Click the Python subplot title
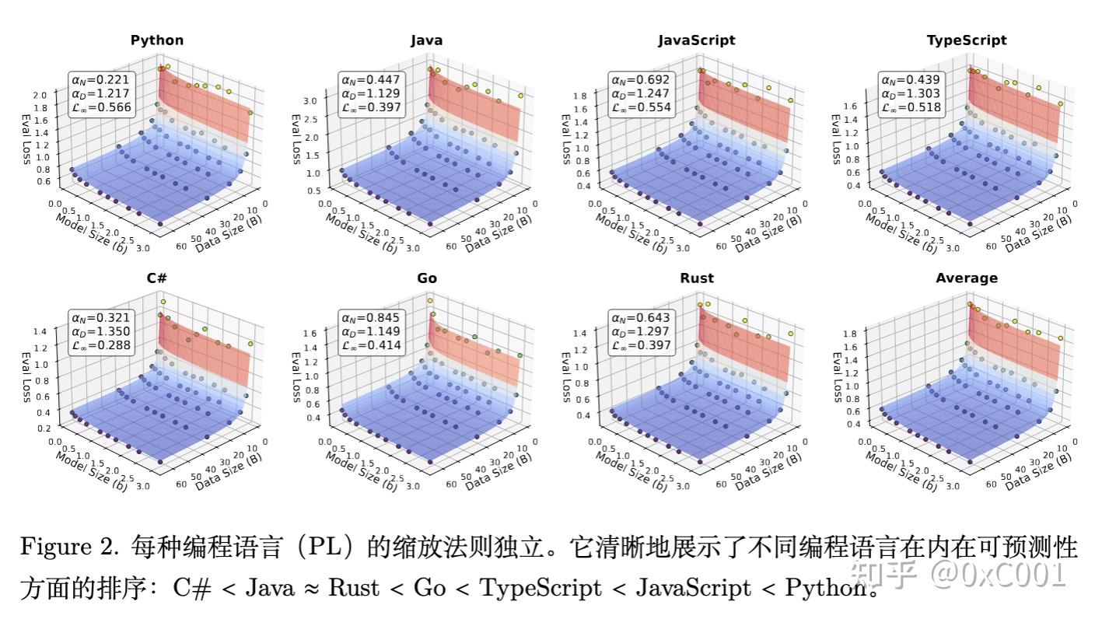(x=157, y=40)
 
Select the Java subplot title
(x=426, y=40)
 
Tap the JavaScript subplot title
(x=696, y=40)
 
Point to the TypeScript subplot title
(x=966, y=40)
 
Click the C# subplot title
(x=157, y=278)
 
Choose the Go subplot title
(x=426, y=278)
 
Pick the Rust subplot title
(x=696, y=278)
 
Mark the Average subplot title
(x=966, y=278)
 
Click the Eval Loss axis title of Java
(x=296, y=140)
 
